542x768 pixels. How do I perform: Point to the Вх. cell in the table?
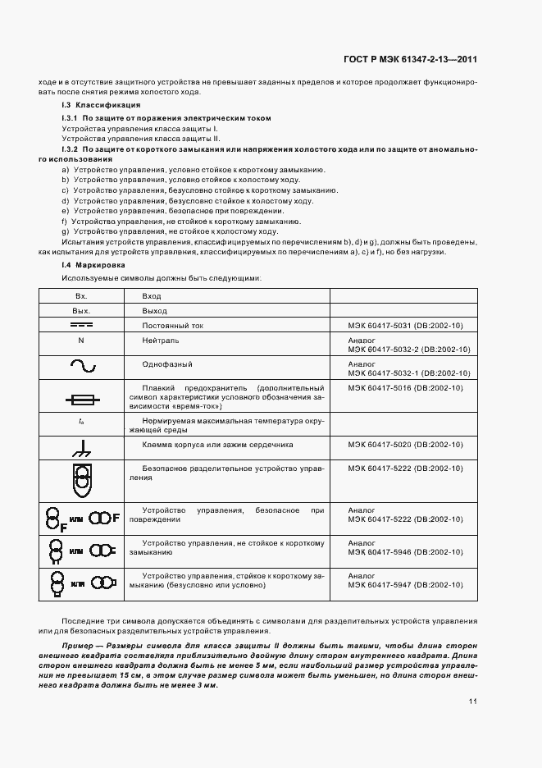point(81,295)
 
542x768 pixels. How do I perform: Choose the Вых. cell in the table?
point(81,311)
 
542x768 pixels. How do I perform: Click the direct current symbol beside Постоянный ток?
point(81,326)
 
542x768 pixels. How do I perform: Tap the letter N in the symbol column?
point(81,340)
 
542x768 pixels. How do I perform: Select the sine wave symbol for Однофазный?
point(81,365)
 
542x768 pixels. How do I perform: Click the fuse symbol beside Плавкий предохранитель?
point(82,400)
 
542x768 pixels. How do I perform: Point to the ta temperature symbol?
point(81,421)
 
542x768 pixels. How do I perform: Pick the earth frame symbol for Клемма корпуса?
point(80,448)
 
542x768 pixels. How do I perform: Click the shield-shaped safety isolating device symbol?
point(81,481)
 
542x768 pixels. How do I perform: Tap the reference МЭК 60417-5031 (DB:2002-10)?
point(405,326)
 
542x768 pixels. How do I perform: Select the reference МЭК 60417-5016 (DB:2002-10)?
point(405,387)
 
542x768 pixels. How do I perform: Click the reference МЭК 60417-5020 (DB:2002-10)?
point(405,444)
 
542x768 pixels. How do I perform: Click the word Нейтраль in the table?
point(160,340)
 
